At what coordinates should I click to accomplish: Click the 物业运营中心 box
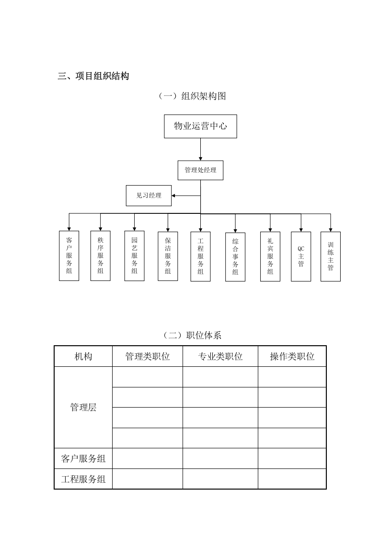pyautogui.click(x=200, y=127)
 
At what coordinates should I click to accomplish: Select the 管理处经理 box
pyautogui.click(x=200, y=170)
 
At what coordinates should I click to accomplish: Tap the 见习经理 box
pyautogui.click(x=149, y=196)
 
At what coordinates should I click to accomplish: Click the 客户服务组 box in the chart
pyautogui.click(x=69, y=256)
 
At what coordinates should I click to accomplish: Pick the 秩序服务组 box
pyautogui.click(x=100, y=256)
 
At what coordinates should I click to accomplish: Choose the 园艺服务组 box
pyautogui.click(x=134, y=256)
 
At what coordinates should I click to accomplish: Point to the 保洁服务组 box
pyautogui.click(x=168, y=256)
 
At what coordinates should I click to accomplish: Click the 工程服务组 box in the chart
pyautogui.click(x=200, y=256)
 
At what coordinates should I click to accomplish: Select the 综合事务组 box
pyautogui.click(x=235, y=257)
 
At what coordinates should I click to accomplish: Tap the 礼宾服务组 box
pyautogui.click(x=270, y=256)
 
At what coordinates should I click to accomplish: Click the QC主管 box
pyautogui.click(x=301, y=257)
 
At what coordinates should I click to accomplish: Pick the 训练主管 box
pyautogui.click(x=331, y=257)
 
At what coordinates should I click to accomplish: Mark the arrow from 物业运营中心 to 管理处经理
pyautogui.click(x=200, y=149)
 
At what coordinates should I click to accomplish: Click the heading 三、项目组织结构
pyautogui.click(x=93, y=76)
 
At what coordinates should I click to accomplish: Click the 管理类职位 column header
pyautogui.click(x=147, y=356)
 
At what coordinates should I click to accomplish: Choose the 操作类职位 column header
pyautogui.click(x=292, y=356)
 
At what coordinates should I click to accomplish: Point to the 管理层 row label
pyautogui.click(x=83, y=408)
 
